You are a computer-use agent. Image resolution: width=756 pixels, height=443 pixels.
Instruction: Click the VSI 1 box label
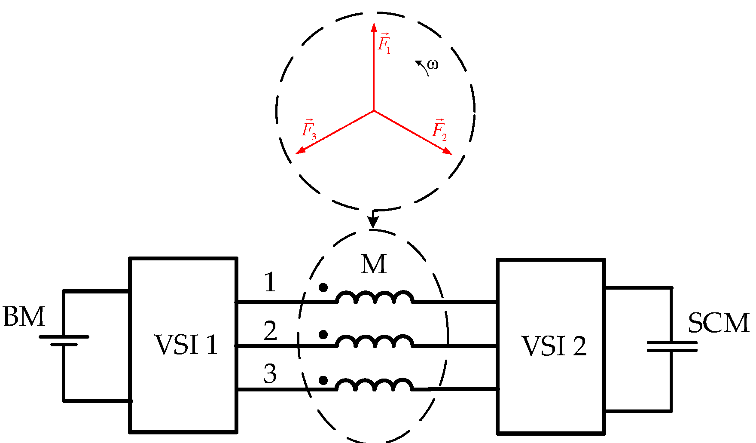[186, 345]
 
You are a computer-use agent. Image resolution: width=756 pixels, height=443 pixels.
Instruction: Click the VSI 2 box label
[554, 346]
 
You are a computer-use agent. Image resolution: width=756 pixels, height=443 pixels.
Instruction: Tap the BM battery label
[24, 317]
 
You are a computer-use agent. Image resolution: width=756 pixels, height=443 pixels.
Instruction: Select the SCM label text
[719, 323]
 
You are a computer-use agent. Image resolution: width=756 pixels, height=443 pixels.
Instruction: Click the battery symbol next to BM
[64, 340]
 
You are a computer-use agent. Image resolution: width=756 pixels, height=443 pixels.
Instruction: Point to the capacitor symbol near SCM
[671, 346]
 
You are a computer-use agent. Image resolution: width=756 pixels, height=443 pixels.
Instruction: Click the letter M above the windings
[374, 264]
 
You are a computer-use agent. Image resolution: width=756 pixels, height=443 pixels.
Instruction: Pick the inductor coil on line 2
[375, 341]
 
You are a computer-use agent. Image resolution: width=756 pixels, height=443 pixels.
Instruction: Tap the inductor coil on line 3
[375, 385]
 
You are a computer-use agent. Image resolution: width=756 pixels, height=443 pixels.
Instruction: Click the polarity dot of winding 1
[323, 287]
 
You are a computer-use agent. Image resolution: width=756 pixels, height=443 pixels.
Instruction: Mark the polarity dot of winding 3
[323, 380]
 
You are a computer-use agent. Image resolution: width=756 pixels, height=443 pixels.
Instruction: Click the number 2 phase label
[270, 331]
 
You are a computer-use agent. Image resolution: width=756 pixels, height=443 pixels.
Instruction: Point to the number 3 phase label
[270, 374]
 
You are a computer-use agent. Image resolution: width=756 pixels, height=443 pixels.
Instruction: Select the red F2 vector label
[439, 129]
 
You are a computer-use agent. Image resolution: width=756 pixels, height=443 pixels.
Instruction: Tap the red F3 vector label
[309, 129]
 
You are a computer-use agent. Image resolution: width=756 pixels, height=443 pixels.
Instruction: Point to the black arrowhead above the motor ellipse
[373, 222]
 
